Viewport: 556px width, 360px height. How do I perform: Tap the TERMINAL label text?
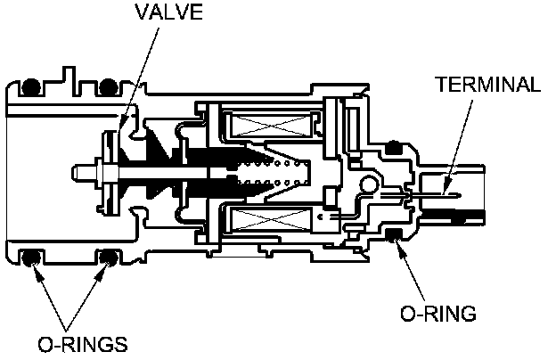pyautogui.click(x=487, y=85)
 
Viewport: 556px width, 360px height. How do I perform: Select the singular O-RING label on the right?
pyautogui.click(x=437, y=314)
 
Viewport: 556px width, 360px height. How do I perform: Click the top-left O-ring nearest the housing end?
pyautogui.click(x=31, y=86)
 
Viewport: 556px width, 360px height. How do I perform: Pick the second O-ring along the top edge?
pyautogui.click(x=109, y=86)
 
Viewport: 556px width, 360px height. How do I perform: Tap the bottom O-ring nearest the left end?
pyautogui.click(x=31, y=258)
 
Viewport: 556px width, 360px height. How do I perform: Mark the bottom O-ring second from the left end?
pyautogui.click(x=109, y=258)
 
